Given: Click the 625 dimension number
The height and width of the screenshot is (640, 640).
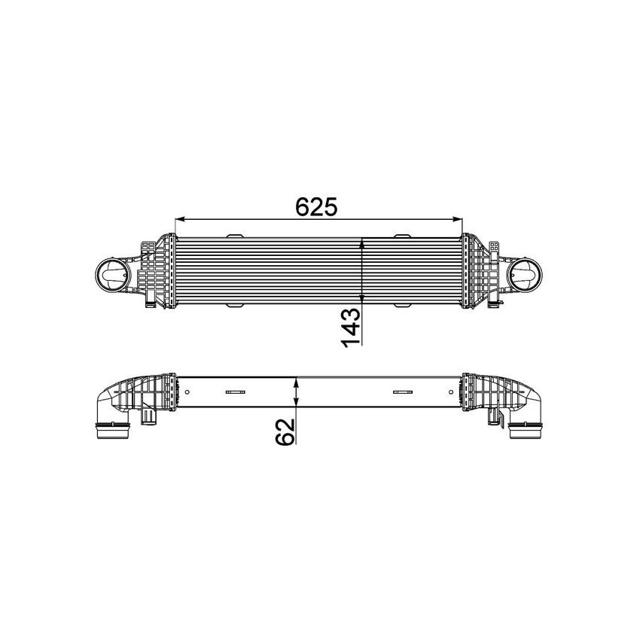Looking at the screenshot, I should [x=318, y=206].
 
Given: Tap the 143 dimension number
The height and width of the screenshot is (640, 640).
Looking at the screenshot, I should [x=352, y=328].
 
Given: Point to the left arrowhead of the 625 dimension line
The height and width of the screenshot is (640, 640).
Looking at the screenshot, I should [x=179, y=220].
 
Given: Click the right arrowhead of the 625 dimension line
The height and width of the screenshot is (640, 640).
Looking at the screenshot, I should [x=458, y=220].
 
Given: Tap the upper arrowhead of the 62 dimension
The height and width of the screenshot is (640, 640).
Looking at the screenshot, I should [x=298, y=381].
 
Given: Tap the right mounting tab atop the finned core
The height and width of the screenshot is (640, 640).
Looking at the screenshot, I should [x=403, y=236].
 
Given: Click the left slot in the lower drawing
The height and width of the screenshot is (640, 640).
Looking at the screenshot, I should [x=236, y=392].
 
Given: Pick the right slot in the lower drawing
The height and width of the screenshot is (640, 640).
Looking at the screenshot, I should [x=403, y=392].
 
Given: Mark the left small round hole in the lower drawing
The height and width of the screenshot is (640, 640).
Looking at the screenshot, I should [x=185, y=392].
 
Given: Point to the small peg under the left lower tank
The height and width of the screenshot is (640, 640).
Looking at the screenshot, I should [x=148, y=416].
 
